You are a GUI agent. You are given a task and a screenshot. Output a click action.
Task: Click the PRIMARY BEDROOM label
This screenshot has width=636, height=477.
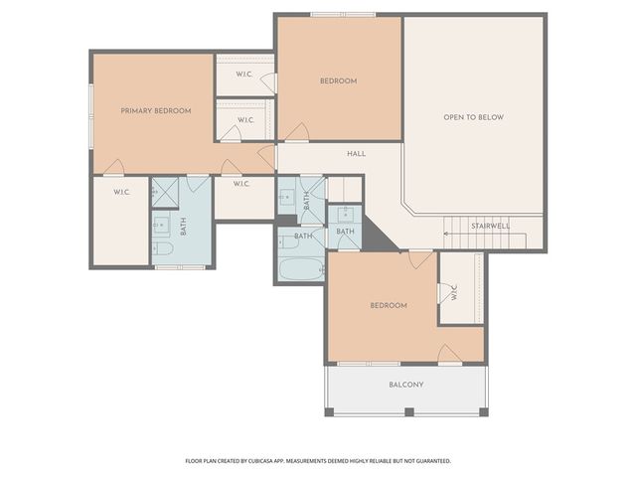[x=155, y=111]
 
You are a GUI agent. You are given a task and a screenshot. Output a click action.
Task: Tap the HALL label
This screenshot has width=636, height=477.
[x=357, y=154]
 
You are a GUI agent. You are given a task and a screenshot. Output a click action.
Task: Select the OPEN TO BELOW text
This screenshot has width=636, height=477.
[x=473, y=117]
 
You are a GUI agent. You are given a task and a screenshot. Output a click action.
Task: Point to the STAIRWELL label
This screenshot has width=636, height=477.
[x=490, y=226]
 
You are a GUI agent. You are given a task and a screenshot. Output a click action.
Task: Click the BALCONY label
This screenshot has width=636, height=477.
[x=405, y=385]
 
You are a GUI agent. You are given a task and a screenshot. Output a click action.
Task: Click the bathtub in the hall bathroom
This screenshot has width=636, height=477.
[x=301, y=267]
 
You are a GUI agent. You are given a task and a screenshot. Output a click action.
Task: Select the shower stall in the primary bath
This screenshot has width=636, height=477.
[x=165, y=192]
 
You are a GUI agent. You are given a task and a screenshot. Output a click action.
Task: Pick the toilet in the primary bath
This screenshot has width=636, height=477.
[x=164, y=249]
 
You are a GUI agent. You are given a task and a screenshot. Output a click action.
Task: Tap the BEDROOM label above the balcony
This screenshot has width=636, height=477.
[x=389, y=305]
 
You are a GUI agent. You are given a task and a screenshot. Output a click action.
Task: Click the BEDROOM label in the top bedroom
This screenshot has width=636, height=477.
[x=338, y=81]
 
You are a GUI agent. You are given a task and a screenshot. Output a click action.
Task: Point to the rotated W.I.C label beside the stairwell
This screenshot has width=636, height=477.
[x=453, y=294]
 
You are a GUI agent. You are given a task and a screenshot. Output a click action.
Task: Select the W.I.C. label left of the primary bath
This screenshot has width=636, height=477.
[x=121, y=192]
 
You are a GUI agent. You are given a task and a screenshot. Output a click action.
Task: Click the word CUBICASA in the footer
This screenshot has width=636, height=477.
[x=286, y=461]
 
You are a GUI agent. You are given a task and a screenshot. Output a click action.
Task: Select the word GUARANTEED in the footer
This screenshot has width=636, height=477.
[x=428, y=461]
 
